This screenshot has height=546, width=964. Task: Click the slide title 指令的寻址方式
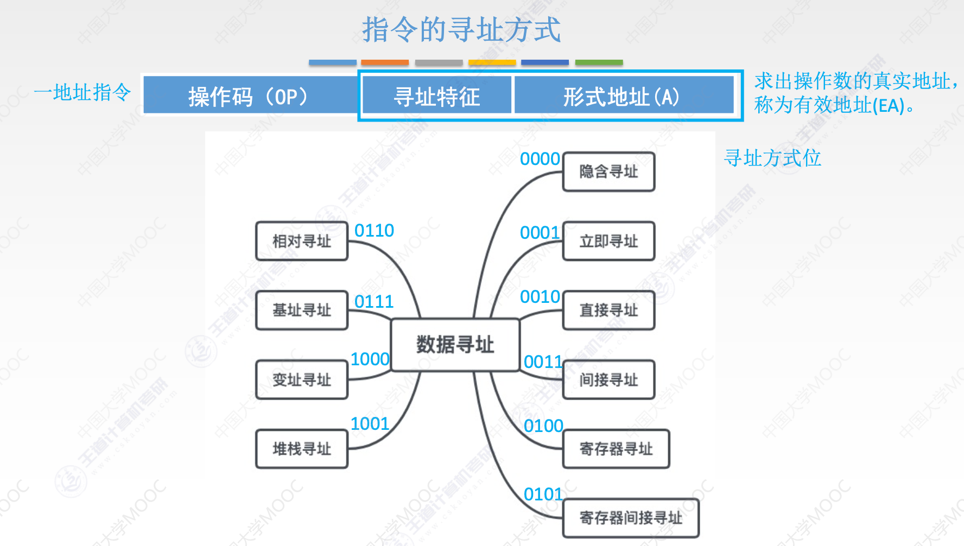click(461, 30)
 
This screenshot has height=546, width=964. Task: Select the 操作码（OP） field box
click(250, 97)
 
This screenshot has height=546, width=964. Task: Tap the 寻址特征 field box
click(437, 97)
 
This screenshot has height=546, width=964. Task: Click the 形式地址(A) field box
click(622, 97)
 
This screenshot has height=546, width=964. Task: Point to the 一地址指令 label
click(83, 92)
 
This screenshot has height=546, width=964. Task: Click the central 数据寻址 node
click(455, 345)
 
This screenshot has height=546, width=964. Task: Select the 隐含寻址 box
click(608, 172)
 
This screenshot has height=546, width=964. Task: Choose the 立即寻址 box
click(608, 241)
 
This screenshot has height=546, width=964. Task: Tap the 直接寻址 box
click(608, 310)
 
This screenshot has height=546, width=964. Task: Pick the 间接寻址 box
click(608, 379)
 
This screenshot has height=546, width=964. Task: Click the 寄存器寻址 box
click(616, 449)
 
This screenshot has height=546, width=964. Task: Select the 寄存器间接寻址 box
click(631, 518)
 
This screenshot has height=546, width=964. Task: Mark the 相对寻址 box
click(302, 241)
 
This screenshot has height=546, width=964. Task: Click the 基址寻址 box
click(302, 310)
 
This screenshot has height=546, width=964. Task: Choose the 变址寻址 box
click(302, 379)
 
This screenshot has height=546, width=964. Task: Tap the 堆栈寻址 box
click(302, 449)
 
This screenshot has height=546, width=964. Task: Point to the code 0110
click(374, 231)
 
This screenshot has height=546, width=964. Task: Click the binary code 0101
click(543, 494)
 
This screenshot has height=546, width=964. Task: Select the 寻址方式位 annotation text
click(772, 158)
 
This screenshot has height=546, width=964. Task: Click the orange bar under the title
click(385, 62)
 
